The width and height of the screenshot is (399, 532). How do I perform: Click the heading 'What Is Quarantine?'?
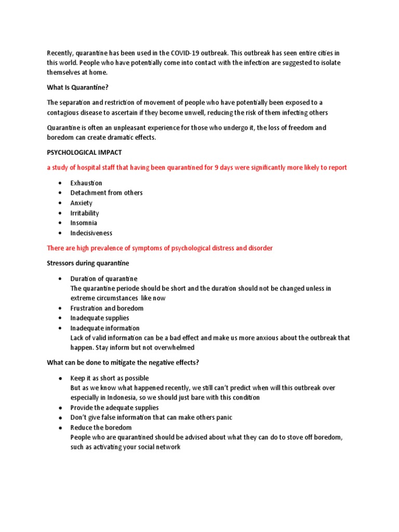(78, 87)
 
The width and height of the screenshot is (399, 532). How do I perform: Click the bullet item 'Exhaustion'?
(86, 183)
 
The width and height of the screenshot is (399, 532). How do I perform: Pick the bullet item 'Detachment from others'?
(107, 193)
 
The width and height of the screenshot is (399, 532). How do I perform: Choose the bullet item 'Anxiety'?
(82, 203)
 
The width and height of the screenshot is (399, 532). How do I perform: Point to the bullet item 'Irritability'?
(85, 213)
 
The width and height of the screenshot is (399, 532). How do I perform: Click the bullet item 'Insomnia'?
(84, 223)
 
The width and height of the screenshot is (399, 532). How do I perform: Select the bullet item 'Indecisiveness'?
(91, 233)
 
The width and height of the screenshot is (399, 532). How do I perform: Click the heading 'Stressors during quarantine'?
(88, 263)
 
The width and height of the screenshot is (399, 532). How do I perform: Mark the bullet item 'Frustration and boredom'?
(107, 308)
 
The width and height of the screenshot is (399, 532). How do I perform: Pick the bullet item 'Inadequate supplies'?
(100, 318)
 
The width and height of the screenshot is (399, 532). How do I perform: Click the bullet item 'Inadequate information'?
(105, 328)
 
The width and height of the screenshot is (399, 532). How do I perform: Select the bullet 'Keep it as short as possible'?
(110, 378)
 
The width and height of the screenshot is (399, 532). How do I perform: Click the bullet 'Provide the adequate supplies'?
(115, 408)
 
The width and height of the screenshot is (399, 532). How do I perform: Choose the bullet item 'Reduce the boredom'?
(101, 428)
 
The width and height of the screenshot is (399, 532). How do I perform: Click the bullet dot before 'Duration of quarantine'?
(61, 278)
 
